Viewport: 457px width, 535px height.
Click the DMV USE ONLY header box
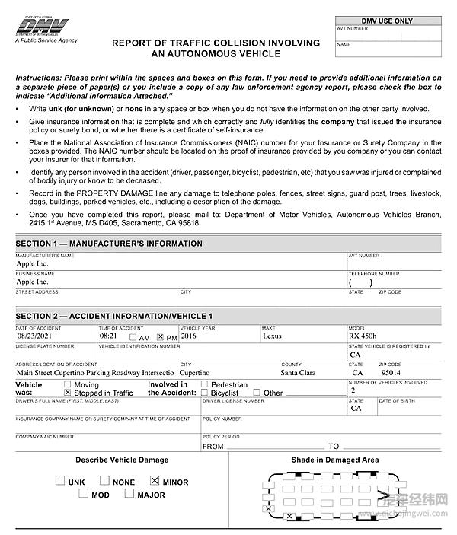coord(387,21)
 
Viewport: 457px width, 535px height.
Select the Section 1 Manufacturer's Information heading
coord(109,244)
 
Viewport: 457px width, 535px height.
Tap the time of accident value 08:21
coord(108,336)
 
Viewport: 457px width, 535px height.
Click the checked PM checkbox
coord(161,336)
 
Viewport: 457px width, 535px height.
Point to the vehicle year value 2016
coord(188,336)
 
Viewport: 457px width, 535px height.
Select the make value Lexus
coord(272,336)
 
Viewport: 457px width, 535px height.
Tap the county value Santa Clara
coord(298,374)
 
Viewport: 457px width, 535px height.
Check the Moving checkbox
coord(68,385)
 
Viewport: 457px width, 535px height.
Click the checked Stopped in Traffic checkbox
coord(68,393)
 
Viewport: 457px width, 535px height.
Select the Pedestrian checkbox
coord(204,385)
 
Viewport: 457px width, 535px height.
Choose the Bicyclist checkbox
coord(204,393)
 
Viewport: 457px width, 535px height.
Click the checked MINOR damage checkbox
coord(155,481)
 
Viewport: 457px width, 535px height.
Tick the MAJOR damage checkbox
coord(130,495)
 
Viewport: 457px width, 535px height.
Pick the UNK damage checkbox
coord(60,481)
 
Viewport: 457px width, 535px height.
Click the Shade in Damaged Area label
coord(334,460)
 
